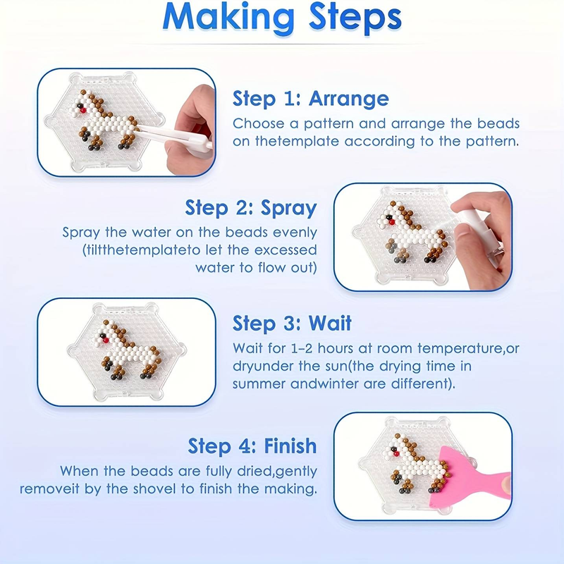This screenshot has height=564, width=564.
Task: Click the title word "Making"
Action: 228,18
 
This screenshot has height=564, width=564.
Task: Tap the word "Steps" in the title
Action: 355,19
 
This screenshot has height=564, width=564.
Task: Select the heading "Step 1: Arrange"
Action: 311,98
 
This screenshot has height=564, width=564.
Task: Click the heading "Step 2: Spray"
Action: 251,208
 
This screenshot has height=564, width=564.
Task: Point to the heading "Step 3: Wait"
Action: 292,323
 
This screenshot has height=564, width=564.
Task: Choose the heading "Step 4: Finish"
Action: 252,446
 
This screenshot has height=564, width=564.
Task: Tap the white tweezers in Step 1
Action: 174,135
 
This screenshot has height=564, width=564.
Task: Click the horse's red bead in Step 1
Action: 83,111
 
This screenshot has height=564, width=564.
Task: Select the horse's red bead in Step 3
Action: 106,341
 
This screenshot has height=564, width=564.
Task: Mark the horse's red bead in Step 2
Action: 392,222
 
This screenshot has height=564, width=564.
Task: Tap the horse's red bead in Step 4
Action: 396,454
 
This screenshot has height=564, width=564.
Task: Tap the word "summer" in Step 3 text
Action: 259,384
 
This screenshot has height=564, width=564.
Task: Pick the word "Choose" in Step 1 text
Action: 259,123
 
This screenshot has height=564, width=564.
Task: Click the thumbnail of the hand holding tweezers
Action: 127,122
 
